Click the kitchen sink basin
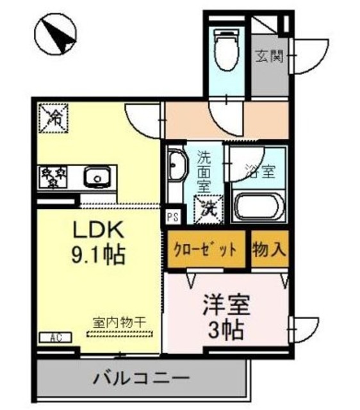click(97, 176)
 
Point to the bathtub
click(256, 206)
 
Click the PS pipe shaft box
click(172, 217)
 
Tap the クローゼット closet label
click(207, 249)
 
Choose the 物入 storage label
click(268, 248)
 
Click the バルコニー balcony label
click(142, 377)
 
